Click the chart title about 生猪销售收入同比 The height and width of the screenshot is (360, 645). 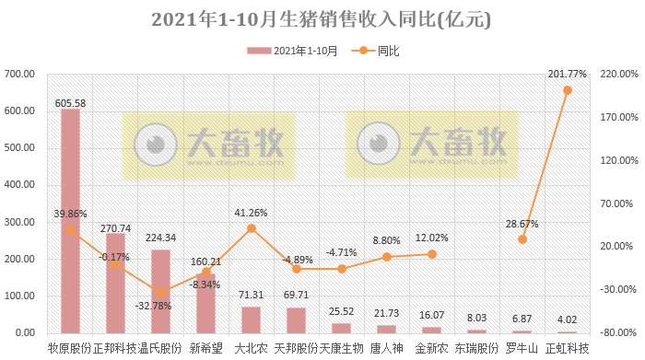[322, 19]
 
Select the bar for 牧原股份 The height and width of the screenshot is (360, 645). [70, 221]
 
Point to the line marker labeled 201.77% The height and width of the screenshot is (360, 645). [568, 90]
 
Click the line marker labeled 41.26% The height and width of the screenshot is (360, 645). [251, 228]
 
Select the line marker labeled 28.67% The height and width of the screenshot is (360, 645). [522, 239]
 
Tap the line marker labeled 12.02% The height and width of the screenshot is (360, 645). [432, 253]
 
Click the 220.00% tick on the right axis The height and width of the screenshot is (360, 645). [618, 74]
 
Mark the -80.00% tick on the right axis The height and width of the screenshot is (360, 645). [618, 332]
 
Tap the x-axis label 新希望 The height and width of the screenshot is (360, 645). [205, 348]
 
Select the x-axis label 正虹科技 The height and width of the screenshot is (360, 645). [568, 348]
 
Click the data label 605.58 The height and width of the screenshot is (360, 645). [70, 103]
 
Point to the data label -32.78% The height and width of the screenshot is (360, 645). [153, 306]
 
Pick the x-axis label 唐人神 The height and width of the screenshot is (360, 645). [386, 348]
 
